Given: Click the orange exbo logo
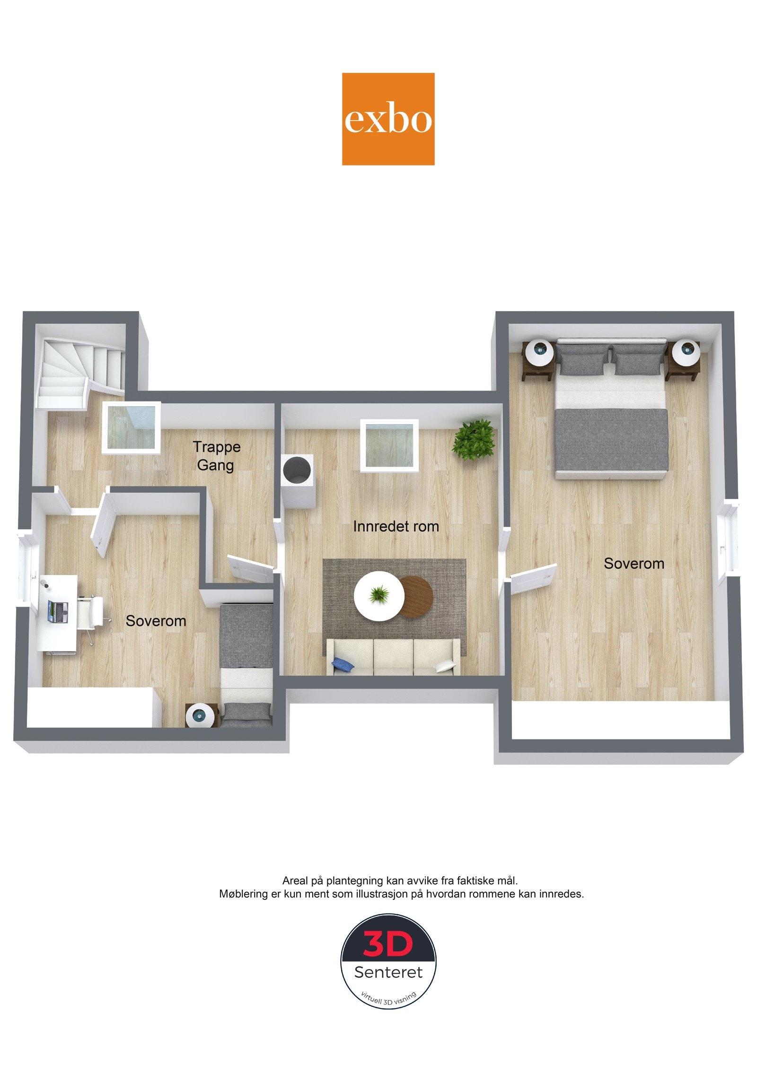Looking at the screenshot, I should point(388,119).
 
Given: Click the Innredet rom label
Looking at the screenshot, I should point(396,526).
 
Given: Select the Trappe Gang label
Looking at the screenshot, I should point(216,456).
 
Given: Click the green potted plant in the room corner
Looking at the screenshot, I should point(474,438).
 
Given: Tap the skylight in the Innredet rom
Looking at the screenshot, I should point(389,444).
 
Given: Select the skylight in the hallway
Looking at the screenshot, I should point(132,428).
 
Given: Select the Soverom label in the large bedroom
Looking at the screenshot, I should point(634,564).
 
